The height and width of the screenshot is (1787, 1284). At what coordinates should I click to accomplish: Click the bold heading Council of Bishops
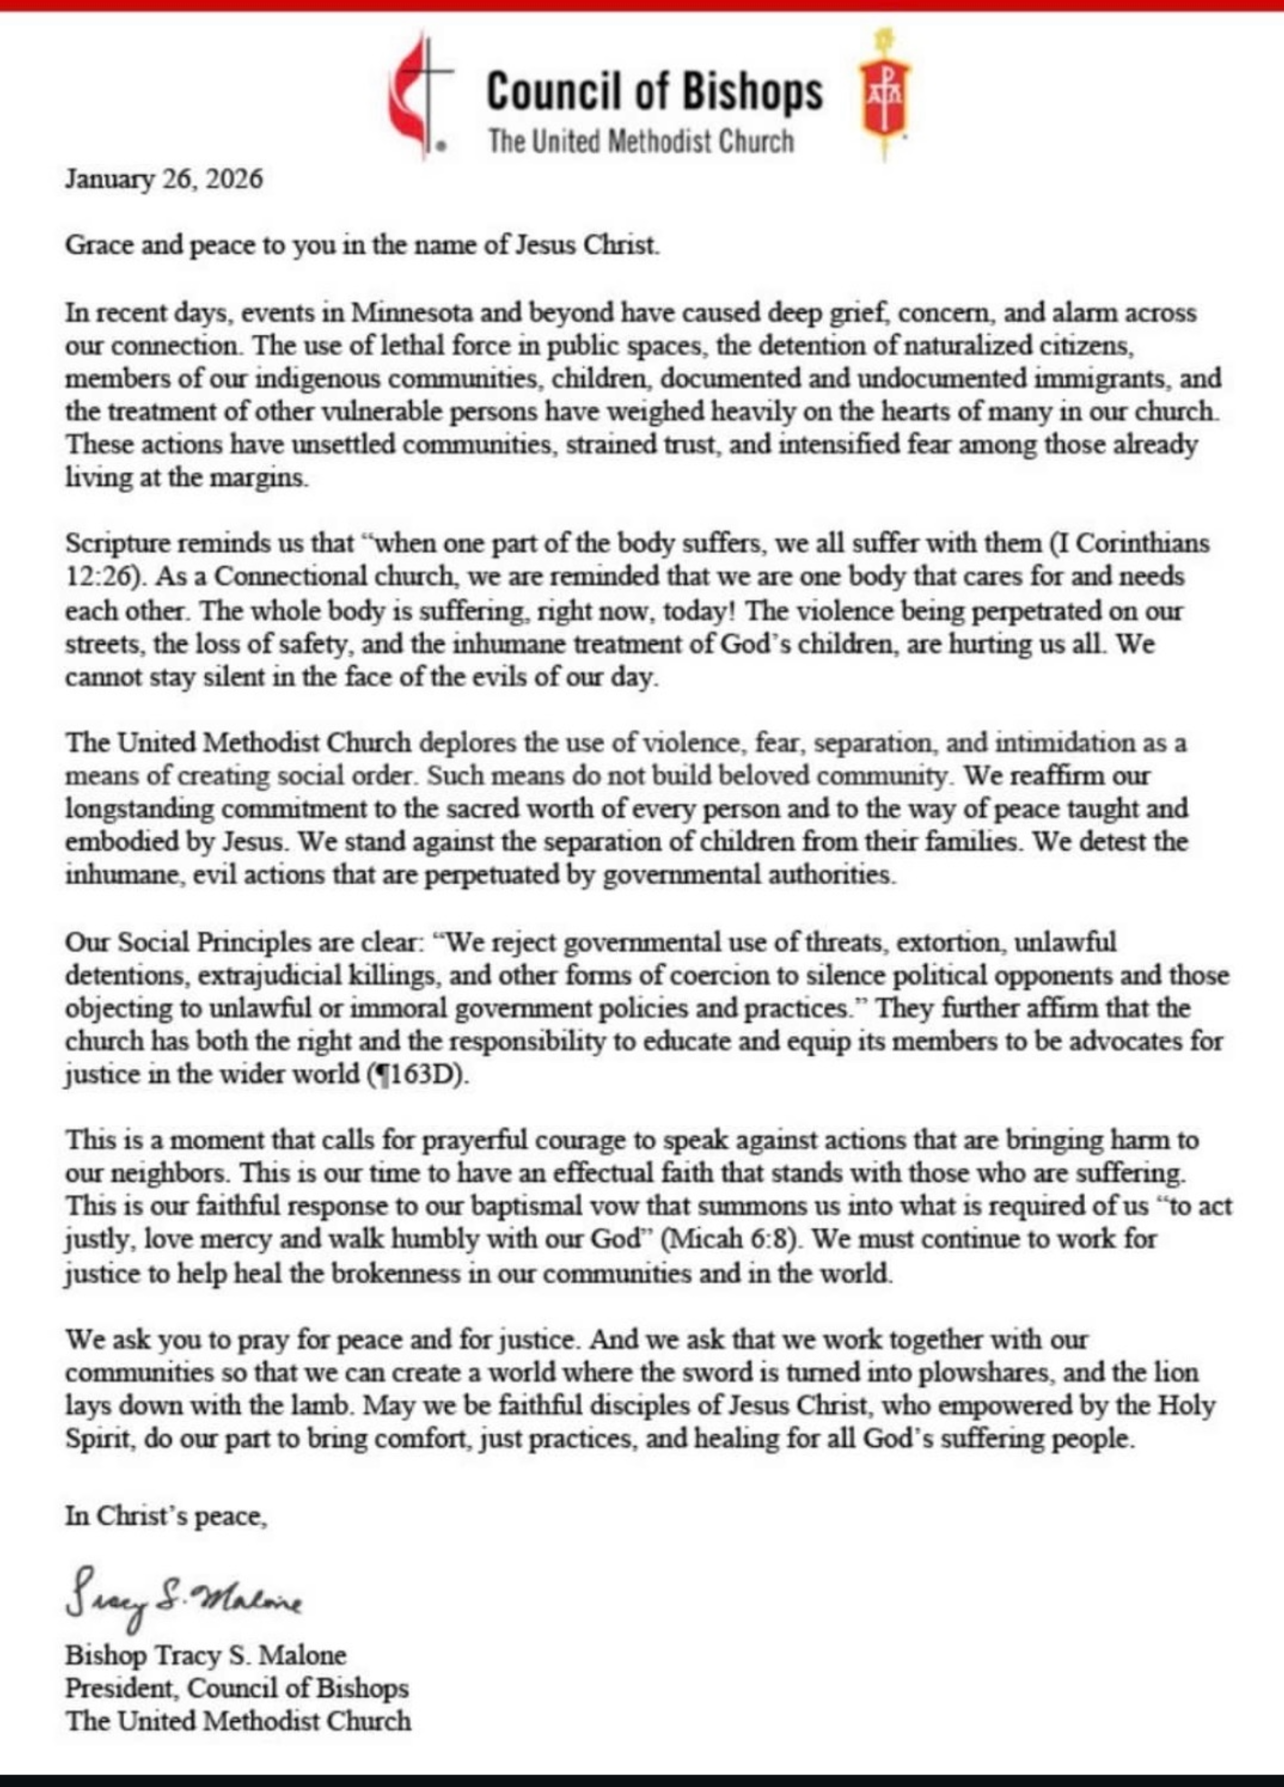(654, 92)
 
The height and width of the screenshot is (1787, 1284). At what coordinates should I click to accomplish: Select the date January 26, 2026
(164, 180)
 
